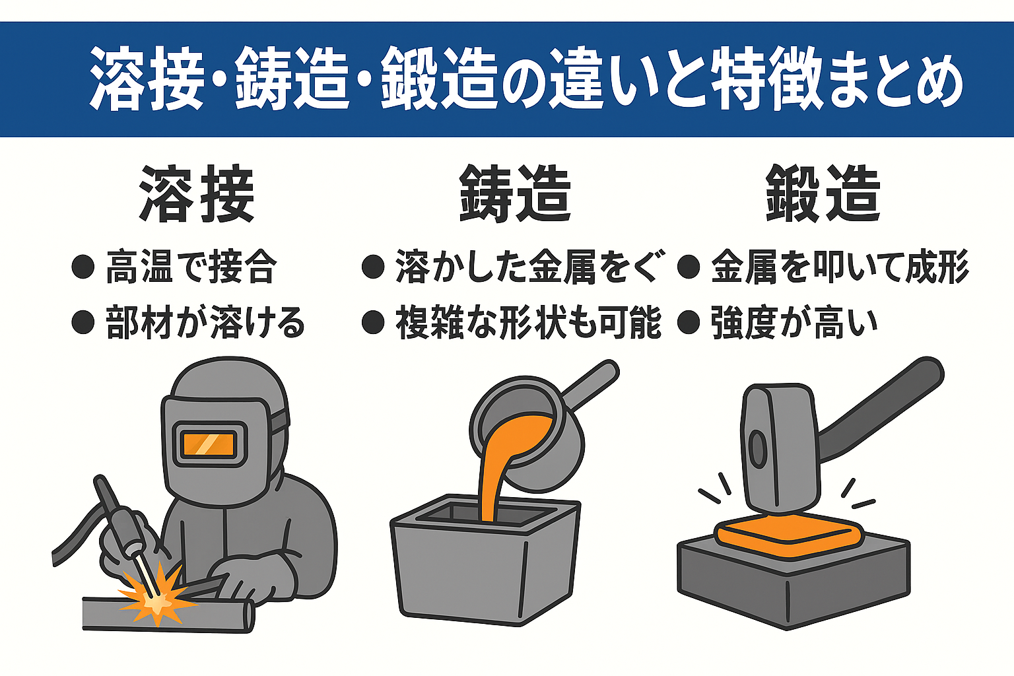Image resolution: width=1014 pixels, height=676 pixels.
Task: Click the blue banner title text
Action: pos(526,79)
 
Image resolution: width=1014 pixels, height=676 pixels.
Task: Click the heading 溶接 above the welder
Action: pos(197,194)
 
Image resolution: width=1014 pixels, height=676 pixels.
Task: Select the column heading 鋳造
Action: pos(515,194)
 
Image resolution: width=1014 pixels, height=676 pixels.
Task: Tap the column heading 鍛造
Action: pos(823,194)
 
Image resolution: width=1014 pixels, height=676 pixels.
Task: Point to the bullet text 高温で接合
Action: pos(191,267)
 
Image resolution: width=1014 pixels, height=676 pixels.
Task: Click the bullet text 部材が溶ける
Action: pos(205,323)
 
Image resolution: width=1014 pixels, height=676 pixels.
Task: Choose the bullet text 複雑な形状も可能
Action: pos(529,323)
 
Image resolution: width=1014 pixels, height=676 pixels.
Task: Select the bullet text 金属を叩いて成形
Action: pos(840,267)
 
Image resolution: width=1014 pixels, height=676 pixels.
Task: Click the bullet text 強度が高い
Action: pos(794,323)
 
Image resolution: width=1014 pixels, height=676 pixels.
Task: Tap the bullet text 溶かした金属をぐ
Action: pos(531,267)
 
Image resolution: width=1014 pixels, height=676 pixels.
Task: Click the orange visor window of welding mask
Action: pos(209,444)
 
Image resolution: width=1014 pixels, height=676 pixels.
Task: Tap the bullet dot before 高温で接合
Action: pos(83,267)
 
